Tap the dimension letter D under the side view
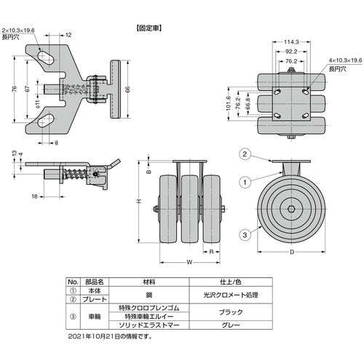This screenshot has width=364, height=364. click(x=292, y=253)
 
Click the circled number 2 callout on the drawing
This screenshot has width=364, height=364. click(x=245, y=153)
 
